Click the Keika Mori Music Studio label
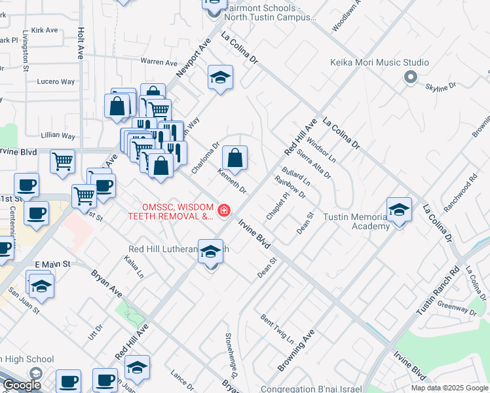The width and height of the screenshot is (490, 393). [379, 63]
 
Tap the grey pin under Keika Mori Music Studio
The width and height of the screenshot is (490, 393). [411, 78]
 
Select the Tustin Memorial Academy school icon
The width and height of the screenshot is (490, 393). [399, 210]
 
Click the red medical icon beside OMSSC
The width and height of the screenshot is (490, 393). [224, 210]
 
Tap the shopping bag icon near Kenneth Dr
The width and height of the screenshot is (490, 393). [235, 158]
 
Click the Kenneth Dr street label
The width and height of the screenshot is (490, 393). [233, 181]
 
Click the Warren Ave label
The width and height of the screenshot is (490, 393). [159, 63]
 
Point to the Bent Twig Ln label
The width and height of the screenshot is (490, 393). [277, 328]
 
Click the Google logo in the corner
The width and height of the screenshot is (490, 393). [22, 385]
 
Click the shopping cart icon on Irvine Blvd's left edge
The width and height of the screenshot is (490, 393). [62, 160]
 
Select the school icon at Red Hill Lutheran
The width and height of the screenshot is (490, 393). [210, 251]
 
